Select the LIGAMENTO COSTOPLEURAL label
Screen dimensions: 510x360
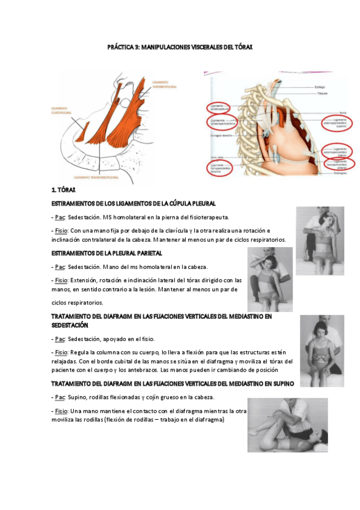(x=64, y=110)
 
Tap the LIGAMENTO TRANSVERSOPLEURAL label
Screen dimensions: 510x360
(x=96, y=179)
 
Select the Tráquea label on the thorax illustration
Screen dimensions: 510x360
(x=322, y=94)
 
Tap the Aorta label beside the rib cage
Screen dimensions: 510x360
(x=327, y=112)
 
